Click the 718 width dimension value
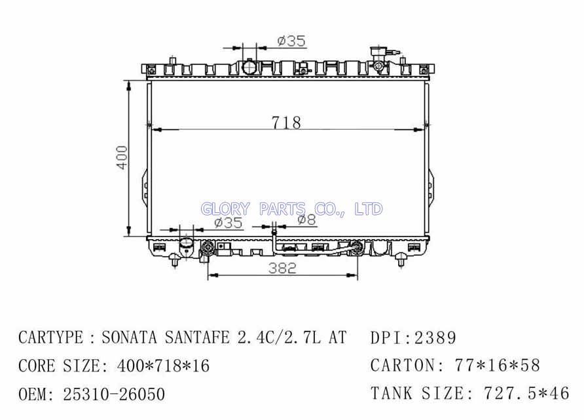(x=286, y=123)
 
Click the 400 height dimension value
(x=122, y=158)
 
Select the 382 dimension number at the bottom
(x=282, y=267)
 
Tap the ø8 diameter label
(x=307, y=220)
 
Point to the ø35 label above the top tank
(x=291, y=41)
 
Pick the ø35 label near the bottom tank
(x=228, y=223)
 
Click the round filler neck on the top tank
(x=249, y=67)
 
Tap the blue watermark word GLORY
(x=225, y=209)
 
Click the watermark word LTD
(x=369, y=209)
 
